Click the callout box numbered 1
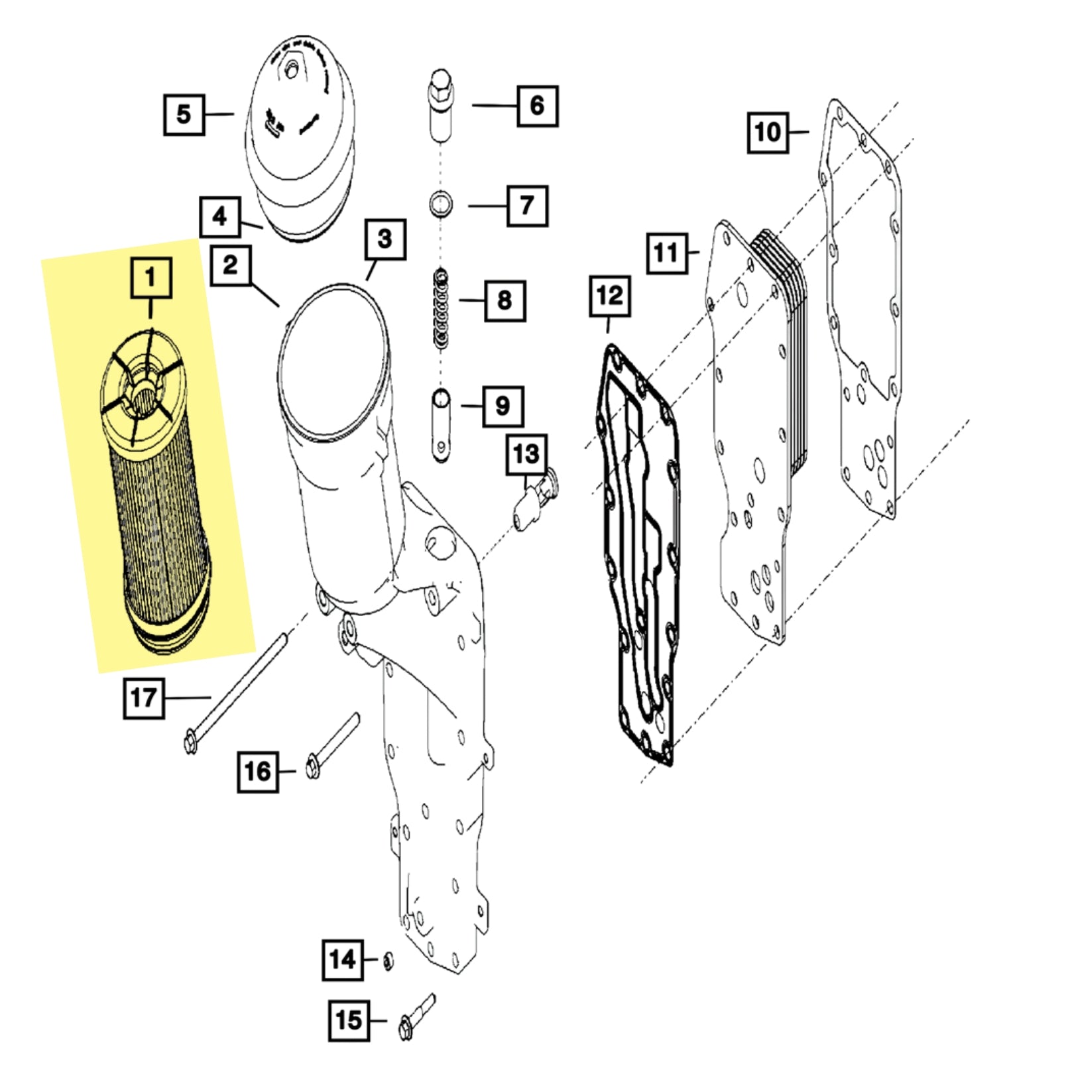(x=151, y=278)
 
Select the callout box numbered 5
(x=184, y=115)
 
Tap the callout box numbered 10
(x=768, y=133)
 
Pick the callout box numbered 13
(x=526, y=455)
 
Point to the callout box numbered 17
(x=144, y=698)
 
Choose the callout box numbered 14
(x=343, y=959)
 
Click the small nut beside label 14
(x=388, y=960)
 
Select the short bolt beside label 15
(x=416, y=1018)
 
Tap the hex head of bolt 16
(x=313, y=767)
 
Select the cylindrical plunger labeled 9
(x=441, y=424)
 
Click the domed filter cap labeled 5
(x=300, y=133)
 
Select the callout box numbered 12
(x=610, y=296)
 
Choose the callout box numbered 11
(x=666, y=253)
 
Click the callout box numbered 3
(x=385, y=239)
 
